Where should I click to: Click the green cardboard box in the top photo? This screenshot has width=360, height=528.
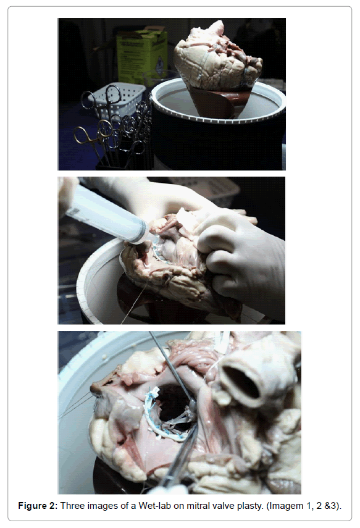click(141, 55)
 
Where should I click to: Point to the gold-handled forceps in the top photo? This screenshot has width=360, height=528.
click(90, 139)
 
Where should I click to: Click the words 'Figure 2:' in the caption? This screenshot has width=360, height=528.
click(38, 505)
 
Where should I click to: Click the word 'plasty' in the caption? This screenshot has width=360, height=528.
click(250, 506)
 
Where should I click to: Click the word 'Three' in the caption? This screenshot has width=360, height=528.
click(71, 505)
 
